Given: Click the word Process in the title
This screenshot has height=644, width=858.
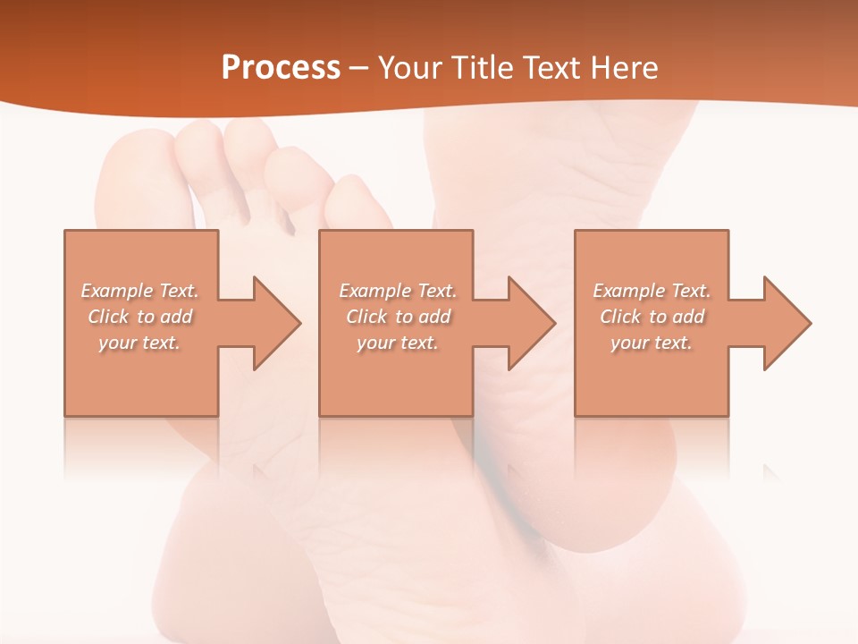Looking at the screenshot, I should pos(281,68).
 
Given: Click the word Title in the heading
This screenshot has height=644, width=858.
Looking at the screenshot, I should pos(484,68).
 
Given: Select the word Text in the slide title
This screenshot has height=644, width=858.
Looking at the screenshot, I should pos(551,68).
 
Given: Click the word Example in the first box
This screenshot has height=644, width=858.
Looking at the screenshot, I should pos(117,291).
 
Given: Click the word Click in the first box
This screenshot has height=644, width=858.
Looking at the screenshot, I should pos(108,317).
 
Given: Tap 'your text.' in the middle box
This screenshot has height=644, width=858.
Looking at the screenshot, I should pos(397,343).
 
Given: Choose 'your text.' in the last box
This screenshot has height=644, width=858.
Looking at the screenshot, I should pos(651,343).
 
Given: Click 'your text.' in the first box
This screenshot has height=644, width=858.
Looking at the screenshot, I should pos(139,343).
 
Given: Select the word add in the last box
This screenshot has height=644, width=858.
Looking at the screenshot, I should pos(688,317).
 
